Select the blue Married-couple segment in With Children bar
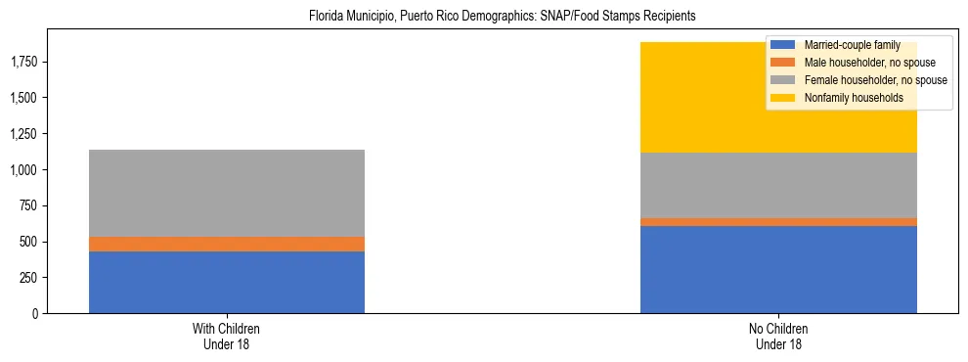[x=227, y=282]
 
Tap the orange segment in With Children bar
[x=227, y=244]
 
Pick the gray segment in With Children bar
[x=227, y=193]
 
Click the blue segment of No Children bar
[x=778, y=269]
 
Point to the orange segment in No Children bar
[x=778, y=222]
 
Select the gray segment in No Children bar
[x=778, y=185]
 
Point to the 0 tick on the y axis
[x=34, y=314]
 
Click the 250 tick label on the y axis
[x=26, y=278]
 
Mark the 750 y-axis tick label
[x=26, y=206]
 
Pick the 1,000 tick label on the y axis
[x=22, y=170]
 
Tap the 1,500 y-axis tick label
[x=22, y=98]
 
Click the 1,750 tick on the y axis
[x=22, y=63]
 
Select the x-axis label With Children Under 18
[x=227, y=337]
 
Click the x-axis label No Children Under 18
[x=778, y=337]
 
